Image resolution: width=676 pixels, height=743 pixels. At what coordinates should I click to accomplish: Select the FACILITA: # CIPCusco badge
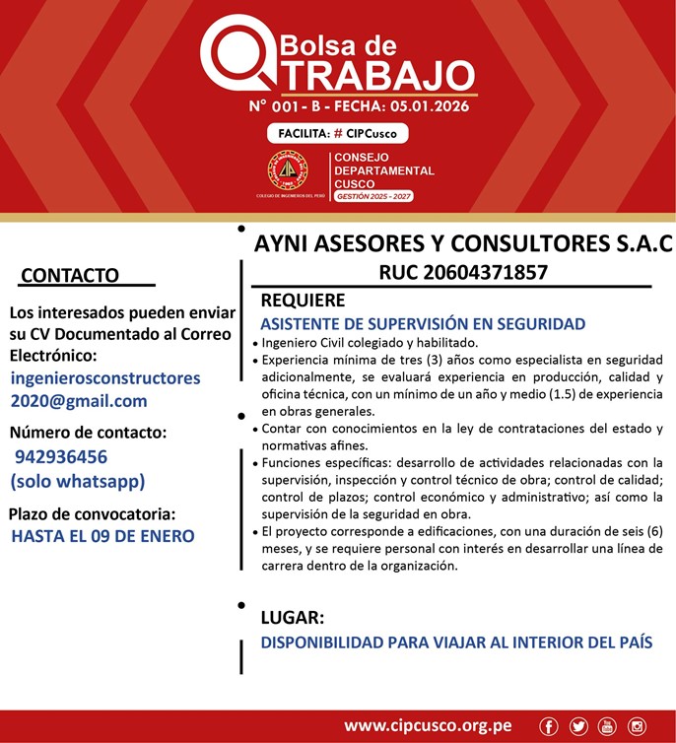coord(337,133)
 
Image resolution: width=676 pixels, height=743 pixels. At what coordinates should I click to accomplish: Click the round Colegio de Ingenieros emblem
coord(288,170)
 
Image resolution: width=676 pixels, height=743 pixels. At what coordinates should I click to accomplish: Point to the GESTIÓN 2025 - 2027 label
coord(373,197)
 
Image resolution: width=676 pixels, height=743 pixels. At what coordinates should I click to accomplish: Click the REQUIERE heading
coord(303,301)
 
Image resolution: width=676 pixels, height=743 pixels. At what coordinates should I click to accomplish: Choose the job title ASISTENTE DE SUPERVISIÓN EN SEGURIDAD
coord(423,323)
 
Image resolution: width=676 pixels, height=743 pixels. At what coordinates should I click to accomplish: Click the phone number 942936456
coord(61,457)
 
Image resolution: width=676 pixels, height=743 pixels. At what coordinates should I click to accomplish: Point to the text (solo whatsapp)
coord(78,482)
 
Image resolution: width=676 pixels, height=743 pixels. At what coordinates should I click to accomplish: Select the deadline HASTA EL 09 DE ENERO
coord(102,537)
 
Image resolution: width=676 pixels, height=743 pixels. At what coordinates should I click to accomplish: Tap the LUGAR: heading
coord(292,618)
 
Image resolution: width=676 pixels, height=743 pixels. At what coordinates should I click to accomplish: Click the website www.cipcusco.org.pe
coord(427,726)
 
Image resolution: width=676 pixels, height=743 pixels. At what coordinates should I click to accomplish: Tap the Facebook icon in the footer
coord(549,726)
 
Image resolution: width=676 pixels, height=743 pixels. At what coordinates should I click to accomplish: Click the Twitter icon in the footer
coord(578,726)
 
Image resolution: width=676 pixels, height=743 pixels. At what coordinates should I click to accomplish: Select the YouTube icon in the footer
coord(607,726)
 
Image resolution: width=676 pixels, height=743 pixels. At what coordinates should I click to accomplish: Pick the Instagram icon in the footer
coord(637,726)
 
